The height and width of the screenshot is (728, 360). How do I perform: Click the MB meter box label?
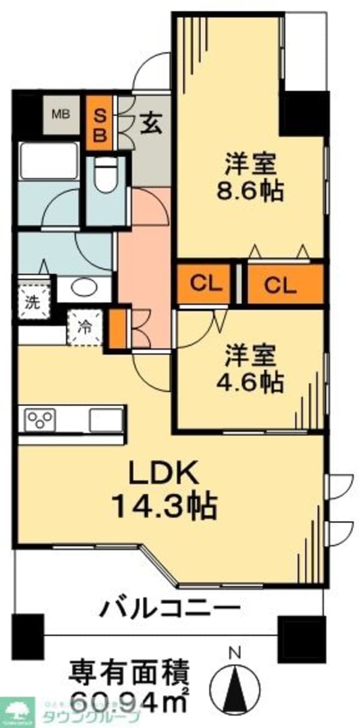[59, 114]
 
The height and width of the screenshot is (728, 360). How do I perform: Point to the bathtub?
[49, 160]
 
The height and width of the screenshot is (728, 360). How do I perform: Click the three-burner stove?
[40, 419]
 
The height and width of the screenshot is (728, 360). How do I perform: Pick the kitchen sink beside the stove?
[106, 419]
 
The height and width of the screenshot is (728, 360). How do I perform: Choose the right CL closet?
[280, 285]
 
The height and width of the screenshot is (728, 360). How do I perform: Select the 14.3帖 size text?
[164, 509]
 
